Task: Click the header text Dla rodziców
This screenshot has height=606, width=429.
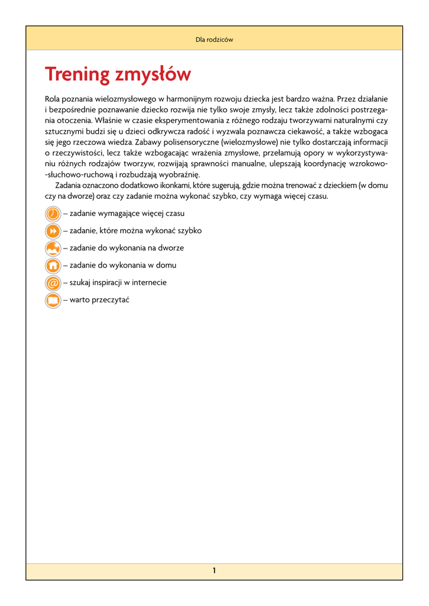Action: [214, 40]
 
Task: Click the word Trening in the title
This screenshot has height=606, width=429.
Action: [78, 75]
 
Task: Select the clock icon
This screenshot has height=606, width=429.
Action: [53, 214]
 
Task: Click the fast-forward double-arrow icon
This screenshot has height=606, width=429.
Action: [53, 231]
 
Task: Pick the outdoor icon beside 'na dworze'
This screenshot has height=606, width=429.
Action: [53, 248]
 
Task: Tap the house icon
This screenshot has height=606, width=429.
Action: [53, 266]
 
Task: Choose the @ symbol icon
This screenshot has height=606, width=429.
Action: [53, 283]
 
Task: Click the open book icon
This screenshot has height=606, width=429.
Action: [53, 301]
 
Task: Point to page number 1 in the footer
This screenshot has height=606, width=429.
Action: [214, 570]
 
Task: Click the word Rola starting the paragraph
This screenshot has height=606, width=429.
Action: [53, 99]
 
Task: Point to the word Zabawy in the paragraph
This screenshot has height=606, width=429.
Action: [149, 143]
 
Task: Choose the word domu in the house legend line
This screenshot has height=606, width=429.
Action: [166, 266]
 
